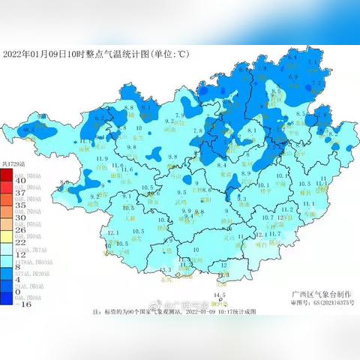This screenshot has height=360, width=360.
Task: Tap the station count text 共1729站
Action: click(13, 163)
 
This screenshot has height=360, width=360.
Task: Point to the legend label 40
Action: click(20, 181)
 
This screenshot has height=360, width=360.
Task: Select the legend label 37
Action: click(20, 193)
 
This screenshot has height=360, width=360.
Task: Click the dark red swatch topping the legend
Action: click(6, 174)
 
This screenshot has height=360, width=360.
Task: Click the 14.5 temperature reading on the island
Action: click(219, 295)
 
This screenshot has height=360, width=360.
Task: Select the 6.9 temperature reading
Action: click(295, 76)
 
